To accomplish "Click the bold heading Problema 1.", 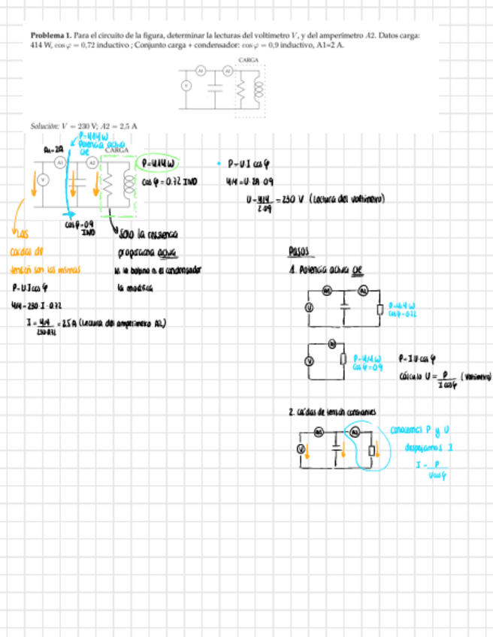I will click(x=50, y=35).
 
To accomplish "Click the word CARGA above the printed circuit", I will click(x=248, y=59).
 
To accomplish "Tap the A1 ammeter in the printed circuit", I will click(x=200, y=70).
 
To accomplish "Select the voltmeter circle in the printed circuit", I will click(x=186, y=86).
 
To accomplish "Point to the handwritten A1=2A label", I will click(x=53, y=149).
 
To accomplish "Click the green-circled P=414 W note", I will click(x=159, y=163).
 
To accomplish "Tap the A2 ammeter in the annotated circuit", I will click(x=92, y=162).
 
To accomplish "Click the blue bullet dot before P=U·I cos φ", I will click(x=217, y=162).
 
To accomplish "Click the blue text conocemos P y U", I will click(x=416, y=430).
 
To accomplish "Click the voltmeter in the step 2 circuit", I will click(x=301, y=448).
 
